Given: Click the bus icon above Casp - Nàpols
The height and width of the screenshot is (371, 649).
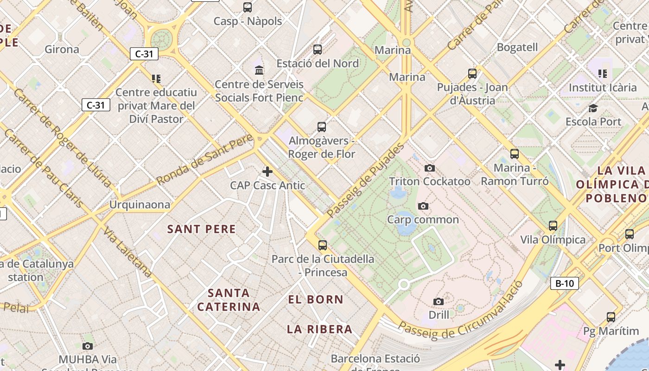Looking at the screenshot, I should [x=248, y=7].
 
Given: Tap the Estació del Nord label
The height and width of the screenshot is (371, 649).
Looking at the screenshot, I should [x=318, y=64].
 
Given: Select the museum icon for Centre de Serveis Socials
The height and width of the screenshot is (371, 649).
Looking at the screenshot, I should [x=260, y=70].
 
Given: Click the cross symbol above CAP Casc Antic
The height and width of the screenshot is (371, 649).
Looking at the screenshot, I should [x=267, y=172].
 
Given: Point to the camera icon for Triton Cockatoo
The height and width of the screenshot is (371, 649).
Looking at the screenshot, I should [x=430, y=168].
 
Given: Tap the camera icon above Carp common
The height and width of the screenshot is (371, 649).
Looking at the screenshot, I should [x=423, y=206].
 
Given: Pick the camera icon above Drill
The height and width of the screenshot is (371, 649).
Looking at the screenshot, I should [x=439, y=302].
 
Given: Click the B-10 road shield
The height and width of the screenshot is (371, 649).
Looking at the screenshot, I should [x=565, y=283].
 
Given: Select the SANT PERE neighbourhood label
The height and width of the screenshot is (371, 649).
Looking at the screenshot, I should [x=202, y=229].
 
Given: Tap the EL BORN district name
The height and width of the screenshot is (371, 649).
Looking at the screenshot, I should [x=316, y=300].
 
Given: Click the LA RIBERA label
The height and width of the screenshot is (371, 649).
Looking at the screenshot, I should [x=319, y=329].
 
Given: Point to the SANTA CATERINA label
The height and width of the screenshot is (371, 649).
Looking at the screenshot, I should [x=229, y=300].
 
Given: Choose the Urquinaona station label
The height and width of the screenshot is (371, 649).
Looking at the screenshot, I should [x=140, y=205].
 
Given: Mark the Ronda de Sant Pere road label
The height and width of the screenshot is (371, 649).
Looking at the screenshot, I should [x=205, y=160].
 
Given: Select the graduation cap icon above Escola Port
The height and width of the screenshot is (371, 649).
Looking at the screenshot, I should [x=593, y=109].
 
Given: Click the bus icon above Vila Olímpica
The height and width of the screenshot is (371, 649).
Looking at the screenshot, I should [x=553, y=226].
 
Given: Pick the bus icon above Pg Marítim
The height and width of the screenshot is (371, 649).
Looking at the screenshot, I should [x=611, y=317].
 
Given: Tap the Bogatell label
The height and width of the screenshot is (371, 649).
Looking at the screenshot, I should [x=517, y=47].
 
